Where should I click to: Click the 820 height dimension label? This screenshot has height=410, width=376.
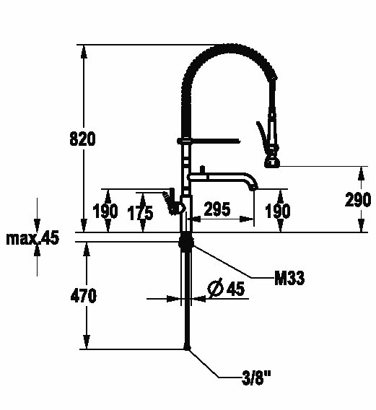point(82,139)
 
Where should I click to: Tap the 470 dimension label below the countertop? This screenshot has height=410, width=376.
point(84,296)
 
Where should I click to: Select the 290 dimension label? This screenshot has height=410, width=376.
point(358,199)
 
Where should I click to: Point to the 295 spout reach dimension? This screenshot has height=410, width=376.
point(217,209)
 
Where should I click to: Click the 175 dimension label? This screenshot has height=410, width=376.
point(140,213)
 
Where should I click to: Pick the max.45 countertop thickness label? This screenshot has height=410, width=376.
point(32,238)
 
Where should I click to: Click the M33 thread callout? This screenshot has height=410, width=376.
point(289,278)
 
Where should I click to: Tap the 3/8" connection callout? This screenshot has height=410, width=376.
point(256,378)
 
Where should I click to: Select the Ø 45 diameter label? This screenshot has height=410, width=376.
point(226,287)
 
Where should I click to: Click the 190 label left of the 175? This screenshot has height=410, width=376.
point(105,211)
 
